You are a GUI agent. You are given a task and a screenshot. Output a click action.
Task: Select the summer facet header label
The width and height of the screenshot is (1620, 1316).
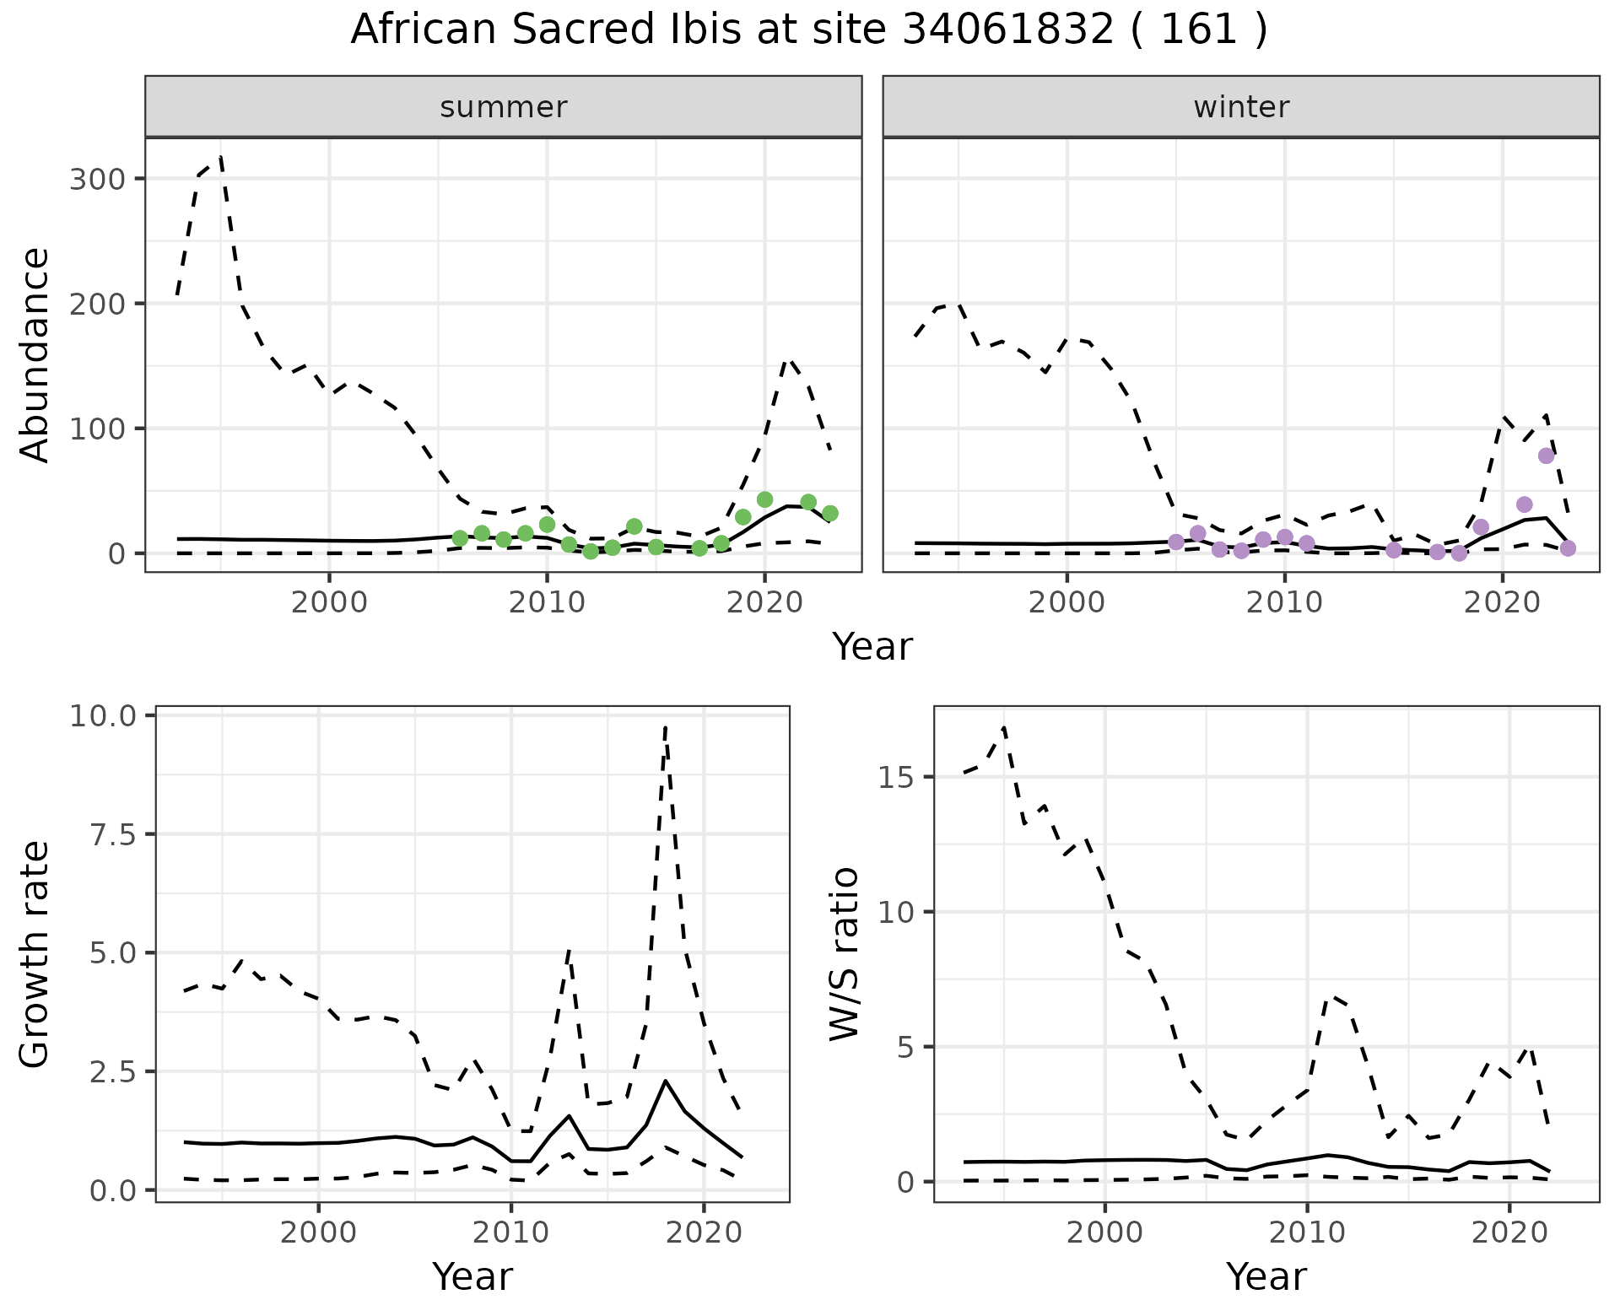(x=504, y=107)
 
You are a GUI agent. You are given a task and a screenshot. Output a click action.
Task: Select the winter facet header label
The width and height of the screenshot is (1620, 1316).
(x=1241, y=107)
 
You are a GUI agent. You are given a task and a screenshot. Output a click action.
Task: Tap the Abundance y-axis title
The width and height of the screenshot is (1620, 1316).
(x=35, y=354)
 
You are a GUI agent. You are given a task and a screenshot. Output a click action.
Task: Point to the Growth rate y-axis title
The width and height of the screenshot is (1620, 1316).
(x=35, y=954)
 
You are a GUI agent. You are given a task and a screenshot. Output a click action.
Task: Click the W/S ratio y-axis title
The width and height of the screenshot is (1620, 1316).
(x=844, y=954)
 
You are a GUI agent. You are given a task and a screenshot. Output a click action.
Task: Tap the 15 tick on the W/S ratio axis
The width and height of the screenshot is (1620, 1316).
(x=897, y=777)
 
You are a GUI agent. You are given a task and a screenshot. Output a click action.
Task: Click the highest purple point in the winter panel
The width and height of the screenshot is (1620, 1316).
(x=1546, y=456)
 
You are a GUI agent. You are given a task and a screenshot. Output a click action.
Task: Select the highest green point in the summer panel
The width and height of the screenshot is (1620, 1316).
(x=764, y=499)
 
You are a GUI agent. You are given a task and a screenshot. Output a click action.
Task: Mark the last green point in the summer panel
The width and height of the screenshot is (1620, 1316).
(x=829, y=513)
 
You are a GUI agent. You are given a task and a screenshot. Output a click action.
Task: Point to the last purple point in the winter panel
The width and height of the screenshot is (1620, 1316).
(x=1568, y=548)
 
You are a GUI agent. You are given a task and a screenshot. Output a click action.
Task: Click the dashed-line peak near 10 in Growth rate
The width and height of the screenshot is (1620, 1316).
(x=666, y=727)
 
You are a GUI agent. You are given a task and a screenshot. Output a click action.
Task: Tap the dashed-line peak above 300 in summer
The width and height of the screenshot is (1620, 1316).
(x=220, y=158)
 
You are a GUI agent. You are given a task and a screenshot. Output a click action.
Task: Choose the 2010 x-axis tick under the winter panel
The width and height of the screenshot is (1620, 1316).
(x=1283, y=603)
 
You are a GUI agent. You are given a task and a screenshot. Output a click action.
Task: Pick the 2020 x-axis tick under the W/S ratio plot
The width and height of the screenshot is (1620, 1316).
(x=1509, y=1232)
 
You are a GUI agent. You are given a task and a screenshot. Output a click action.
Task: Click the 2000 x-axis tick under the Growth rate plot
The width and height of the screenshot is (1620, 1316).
(x=318, y=1232)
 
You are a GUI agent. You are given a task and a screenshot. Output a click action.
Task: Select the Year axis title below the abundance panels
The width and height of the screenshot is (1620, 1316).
(x=872, y=647)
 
